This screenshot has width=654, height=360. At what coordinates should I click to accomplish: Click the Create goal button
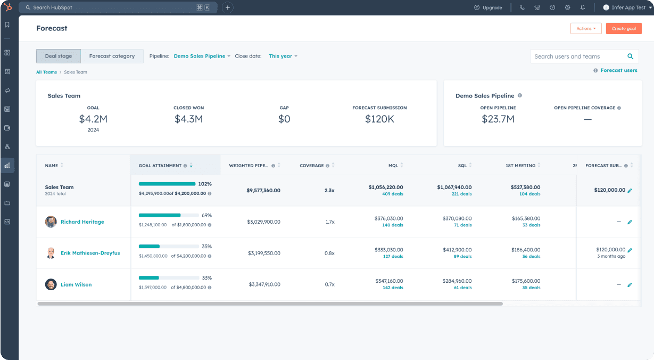(x=623, y=29)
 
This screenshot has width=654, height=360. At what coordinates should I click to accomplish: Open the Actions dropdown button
(x=585, y=29)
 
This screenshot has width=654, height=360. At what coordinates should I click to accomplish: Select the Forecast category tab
(x=112, y=56)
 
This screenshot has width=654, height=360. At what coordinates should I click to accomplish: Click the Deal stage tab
(x=59, y=56)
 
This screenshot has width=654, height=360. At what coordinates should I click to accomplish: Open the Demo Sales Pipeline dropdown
(x=202, y=56)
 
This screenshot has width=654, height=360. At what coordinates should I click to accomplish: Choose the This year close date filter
(x=283, y=56)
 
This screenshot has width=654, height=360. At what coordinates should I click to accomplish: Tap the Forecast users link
(x=618, y=70)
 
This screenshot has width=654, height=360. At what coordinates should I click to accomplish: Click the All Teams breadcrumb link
(x=46, y=72)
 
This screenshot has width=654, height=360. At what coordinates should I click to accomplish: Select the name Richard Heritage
(x=82, y=222)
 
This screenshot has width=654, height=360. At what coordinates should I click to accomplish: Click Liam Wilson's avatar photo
(x=51, y=284)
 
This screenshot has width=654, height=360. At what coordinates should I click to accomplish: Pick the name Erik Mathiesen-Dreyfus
(x=90, y=253)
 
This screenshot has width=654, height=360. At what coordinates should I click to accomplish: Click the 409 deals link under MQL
(x=393, y=194)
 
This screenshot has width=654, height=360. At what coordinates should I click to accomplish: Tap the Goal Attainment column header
(x=160, y=166)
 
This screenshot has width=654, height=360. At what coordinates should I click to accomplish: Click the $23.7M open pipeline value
(x=498, y=119)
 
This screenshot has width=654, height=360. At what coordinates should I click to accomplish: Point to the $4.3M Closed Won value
(x=188, y=119)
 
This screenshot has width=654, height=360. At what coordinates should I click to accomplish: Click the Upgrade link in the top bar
(x=489, y=7)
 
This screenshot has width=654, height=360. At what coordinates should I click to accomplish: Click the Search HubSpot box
(x=117, y=7)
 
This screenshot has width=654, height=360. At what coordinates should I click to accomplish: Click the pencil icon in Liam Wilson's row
(x=630, y=285)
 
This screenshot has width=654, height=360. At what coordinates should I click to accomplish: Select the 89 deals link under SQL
(x=462, y=257)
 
